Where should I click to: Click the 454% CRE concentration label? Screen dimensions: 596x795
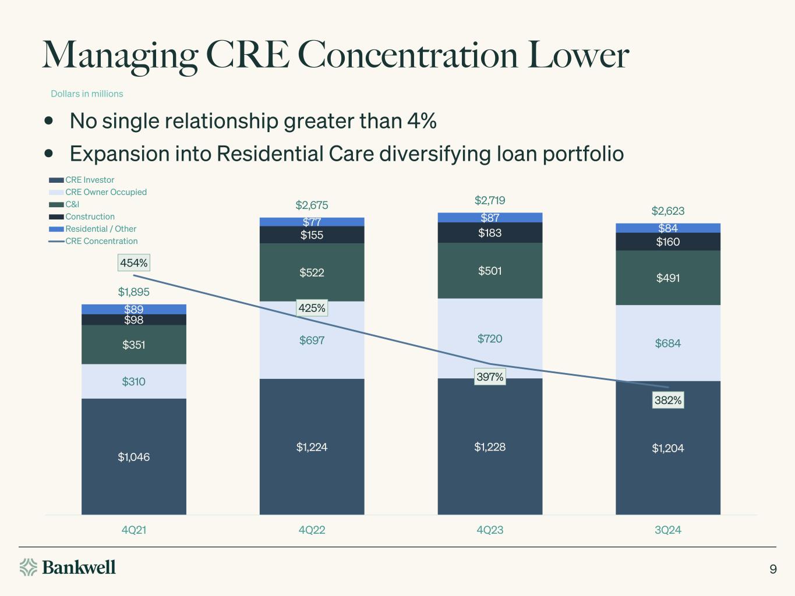click(134, 263)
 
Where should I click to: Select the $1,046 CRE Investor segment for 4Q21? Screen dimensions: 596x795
click(134, 457)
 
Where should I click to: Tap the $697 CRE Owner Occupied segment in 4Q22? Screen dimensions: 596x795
click(312, 340)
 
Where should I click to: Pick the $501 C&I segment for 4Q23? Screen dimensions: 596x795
click(490, 271)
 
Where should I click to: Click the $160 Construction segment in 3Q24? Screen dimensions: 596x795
click(668, 242)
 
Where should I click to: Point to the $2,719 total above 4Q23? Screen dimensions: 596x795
click(490, 200)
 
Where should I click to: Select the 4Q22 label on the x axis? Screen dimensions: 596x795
click(312, 530)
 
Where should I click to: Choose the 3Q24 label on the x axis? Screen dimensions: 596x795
click(668, 530)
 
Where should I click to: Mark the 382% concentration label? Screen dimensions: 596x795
click(668, 400)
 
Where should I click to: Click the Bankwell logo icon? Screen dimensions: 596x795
click(29, 567)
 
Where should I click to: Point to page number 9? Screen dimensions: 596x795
click(773, 569)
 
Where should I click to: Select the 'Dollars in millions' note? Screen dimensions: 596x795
click(87, 94)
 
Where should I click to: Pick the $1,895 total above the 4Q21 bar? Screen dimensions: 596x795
click(134, 292)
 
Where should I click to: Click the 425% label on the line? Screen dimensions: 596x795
click(312, 308)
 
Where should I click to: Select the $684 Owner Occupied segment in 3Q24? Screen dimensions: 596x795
click(668, 343)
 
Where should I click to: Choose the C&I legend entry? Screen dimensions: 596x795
click(72, 204)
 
